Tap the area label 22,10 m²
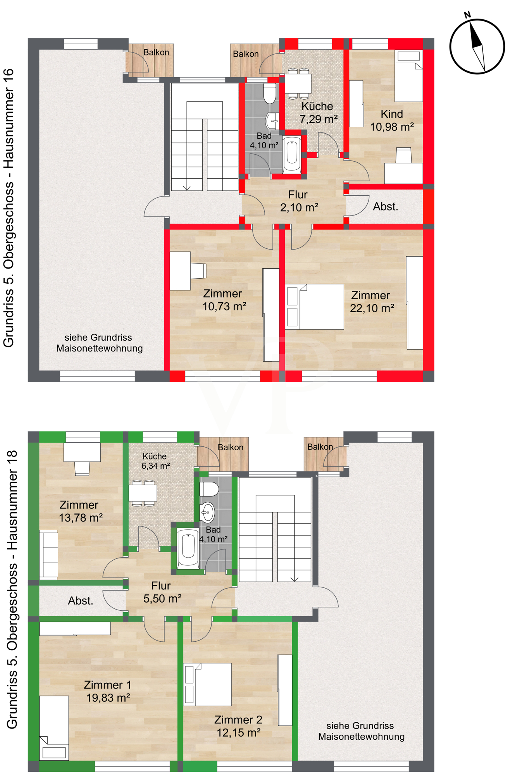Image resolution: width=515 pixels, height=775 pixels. pos(372,308)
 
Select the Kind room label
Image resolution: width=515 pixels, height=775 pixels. pos(392,114)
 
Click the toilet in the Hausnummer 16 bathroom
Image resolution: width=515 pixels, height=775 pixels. pos(270,93)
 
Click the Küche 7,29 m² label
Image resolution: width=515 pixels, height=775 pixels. pos(318,113)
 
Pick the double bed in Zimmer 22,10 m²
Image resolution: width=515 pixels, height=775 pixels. pos(314,307)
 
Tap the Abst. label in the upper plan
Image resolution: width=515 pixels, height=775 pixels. pos(386,207)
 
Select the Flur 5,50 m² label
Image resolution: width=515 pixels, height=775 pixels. pos(162,592)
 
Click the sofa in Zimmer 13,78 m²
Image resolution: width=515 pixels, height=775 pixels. pos(49,555)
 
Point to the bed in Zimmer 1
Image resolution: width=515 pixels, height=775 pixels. pos(54,728)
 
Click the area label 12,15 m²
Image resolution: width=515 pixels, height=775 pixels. pos(238,733)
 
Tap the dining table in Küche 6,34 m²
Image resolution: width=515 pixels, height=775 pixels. pos(143,493)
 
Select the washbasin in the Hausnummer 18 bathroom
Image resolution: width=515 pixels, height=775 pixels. pos(207,512)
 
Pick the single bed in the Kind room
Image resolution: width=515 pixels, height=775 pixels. pos(409,76)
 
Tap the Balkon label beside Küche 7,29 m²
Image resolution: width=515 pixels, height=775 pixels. pos(246,54)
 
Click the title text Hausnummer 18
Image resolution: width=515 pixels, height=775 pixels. pos(12,500)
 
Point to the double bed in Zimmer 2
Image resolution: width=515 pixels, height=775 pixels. pos(207,684)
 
